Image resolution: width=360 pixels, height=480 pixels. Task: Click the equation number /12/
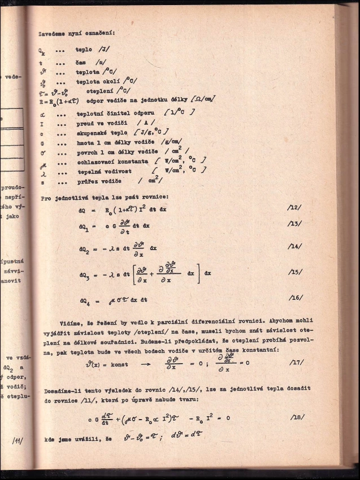point(295,208)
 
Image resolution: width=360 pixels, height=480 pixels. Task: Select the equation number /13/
point(295,224)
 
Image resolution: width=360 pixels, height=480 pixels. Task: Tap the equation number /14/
point(295,246)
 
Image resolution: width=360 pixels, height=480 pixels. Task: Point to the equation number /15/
point(295,272)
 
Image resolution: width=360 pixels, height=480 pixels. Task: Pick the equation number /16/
point(295,297)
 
